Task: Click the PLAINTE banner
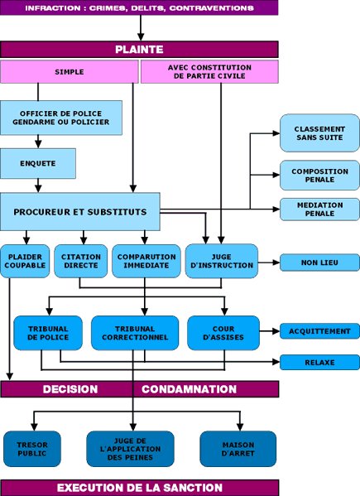139,50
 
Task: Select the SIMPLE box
70,72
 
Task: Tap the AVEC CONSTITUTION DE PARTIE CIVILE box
209,72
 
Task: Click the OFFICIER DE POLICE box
61,118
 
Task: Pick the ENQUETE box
38,163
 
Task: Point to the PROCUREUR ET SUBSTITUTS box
80,212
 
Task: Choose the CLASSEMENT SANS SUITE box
319,133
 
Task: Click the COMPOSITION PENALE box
319,176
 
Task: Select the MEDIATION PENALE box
319,209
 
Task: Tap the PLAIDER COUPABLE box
25,261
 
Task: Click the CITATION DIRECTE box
81,261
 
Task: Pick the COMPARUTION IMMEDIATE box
146,261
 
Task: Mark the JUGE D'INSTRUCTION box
222,261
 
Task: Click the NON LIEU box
319,262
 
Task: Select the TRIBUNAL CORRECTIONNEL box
135,333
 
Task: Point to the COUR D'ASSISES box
223,333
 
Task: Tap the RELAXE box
319,362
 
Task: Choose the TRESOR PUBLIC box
32,449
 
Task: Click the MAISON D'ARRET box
238,449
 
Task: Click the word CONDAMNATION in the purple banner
189,389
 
